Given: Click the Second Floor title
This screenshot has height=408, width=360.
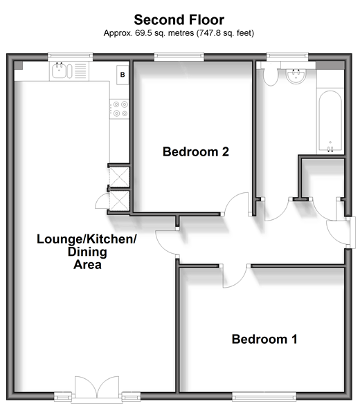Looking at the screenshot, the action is [179, 20].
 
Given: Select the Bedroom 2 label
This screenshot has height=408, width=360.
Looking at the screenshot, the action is [196, 151].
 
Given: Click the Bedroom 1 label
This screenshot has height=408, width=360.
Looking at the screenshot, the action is [264, 339].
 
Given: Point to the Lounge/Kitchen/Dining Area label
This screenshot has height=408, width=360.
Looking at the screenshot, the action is [87, 252].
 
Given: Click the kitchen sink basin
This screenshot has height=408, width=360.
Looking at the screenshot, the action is [60, 71].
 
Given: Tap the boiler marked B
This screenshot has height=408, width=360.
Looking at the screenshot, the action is [123, 75].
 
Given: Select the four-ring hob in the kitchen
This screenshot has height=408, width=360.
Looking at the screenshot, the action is [119, 109].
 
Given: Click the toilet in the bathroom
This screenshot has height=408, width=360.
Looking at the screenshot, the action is [271, 76].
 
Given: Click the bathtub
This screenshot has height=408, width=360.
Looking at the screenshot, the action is [330, 121].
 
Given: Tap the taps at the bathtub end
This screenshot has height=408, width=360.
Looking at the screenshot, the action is [330, 149].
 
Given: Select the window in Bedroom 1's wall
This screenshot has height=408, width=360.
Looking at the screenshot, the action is [264, 397].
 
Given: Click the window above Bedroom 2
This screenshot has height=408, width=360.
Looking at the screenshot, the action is [179, 56].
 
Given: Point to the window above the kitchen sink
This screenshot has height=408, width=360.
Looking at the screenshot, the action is [71, 56].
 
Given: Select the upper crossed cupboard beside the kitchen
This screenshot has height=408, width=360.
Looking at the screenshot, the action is [119, 177].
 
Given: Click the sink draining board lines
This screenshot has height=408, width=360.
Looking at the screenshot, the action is [80, 71].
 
